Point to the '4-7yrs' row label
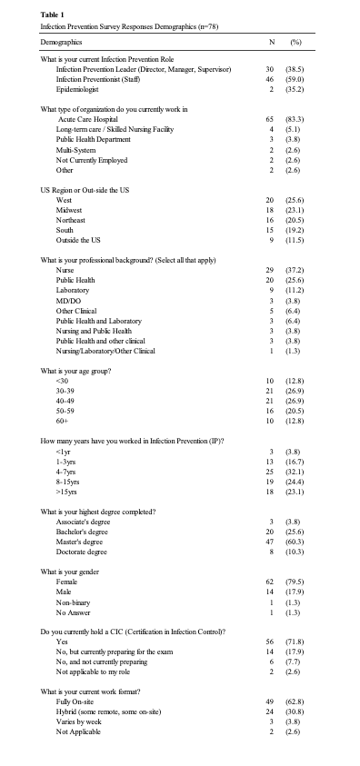(x=67, y=471)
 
